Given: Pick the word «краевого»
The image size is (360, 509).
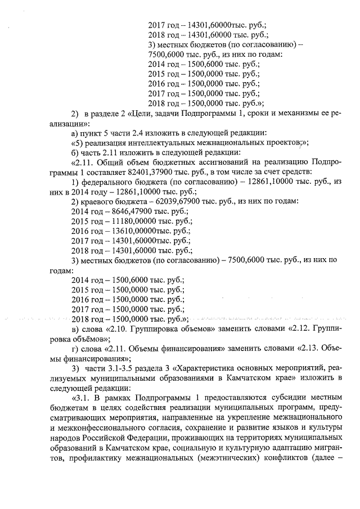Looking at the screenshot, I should click(98, 201).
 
